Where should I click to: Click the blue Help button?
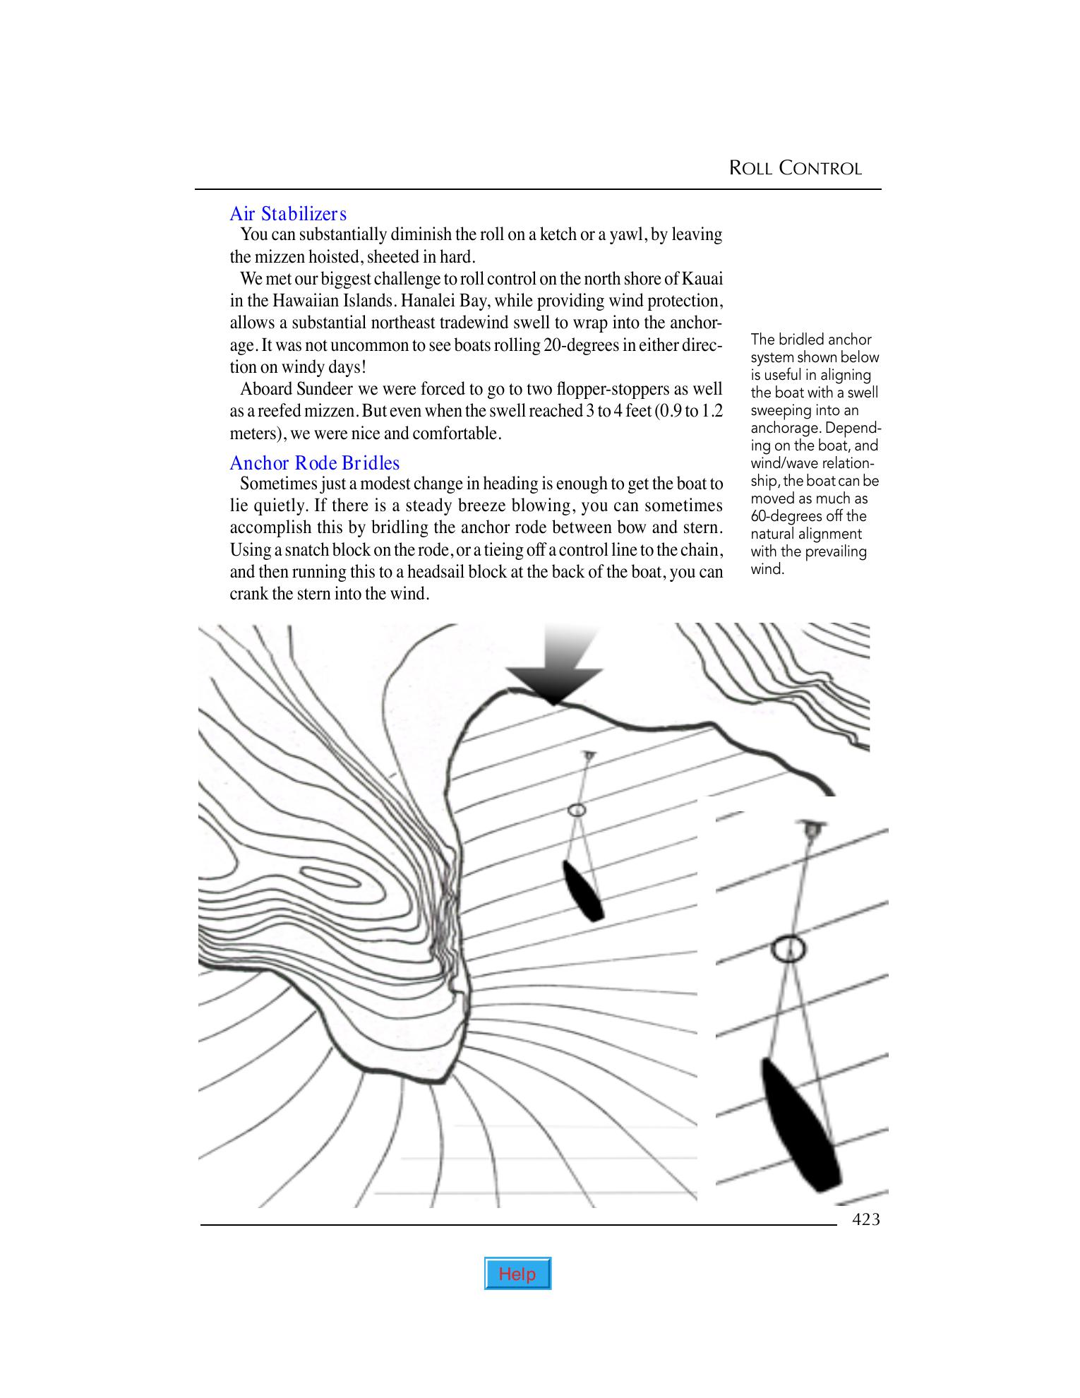(x=517, y=1273)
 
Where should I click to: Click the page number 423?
(x=866, y=1220)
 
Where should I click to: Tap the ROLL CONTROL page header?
(x=795, y=168)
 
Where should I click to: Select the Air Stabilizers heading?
(x=288, y=213)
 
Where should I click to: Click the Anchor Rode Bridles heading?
(x=314, y=463)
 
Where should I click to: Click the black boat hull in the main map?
(x=584, y=890)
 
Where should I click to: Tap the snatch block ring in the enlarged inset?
(x=788, y=948)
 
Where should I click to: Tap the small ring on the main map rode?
(x=577, y=811)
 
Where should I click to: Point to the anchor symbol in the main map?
(x=589, y=755)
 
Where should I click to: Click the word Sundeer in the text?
(x=316, y=389)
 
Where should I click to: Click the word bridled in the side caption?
(x=799, y=340)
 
